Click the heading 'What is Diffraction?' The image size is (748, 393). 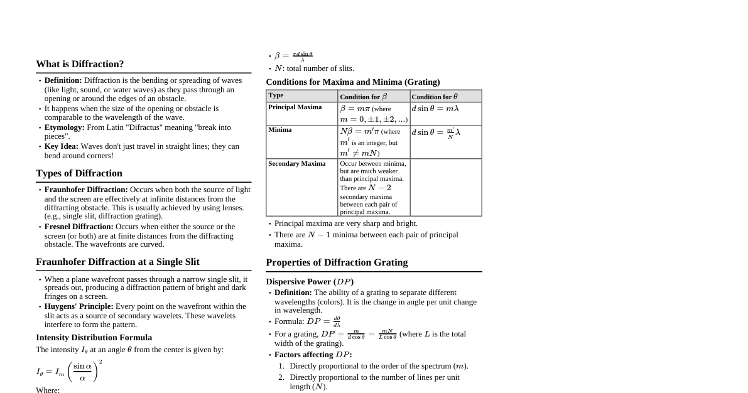[x=80, y=64]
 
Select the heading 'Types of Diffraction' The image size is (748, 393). [x=79, y=173]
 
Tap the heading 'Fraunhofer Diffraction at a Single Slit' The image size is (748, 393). [x=117, y=262]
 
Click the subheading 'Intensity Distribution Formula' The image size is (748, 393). [x=94, y=338]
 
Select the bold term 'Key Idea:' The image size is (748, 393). [x=61, y=146]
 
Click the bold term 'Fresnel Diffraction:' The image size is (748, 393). [x=79, y=227]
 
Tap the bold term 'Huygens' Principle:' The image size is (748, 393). [x=79, y=306]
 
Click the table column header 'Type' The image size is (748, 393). [x=276, y=95]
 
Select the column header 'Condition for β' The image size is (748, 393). [x=363, y=97]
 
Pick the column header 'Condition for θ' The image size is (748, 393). [x=435, y=97]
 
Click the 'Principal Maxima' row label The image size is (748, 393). [x=295, y=107]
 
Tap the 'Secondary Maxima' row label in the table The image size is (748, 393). [x=296, y=164]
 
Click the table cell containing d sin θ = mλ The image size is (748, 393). [x=435, y=109]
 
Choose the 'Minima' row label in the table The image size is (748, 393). [x=279, y=130]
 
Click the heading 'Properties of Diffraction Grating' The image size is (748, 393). [x=337, y=262]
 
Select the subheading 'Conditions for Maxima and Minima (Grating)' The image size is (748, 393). [x=352, y=82]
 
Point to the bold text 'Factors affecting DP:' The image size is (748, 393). [x=313, y=355]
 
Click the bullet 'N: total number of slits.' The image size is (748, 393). [x=314, y=68]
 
